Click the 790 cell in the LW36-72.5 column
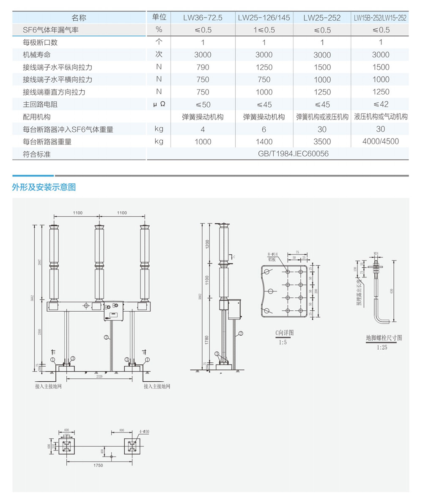coord(203,67)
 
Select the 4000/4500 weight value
coord(381,141)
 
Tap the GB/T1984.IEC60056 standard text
coord(293,154)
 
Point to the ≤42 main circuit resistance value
coord(381,104)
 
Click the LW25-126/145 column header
coord(264,18)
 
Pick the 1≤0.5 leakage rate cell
coord(264,30)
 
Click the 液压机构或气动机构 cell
coord(381,117)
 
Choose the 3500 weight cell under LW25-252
coord(322,142)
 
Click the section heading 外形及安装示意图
coord(44,187)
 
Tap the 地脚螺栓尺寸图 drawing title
coord(383,338)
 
